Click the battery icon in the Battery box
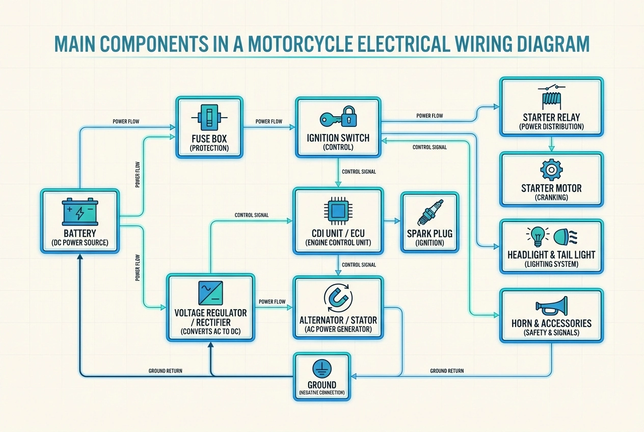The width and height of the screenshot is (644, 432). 80,212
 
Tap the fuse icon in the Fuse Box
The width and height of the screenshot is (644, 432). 209,118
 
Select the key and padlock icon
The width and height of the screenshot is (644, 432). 339,118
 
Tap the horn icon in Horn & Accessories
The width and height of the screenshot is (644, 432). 551,306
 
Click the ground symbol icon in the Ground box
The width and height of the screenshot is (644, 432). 322,368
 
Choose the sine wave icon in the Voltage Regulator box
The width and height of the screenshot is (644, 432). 210,293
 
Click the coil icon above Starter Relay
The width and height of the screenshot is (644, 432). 551,97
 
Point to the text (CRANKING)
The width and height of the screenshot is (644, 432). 551,198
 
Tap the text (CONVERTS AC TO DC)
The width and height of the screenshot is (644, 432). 210,331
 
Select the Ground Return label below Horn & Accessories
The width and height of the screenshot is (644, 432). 447,371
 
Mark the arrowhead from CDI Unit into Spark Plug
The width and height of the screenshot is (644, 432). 397,222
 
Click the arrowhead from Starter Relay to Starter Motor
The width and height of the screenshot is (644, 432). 551,149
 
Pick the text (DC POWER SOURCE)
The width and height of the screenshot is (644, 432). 80,242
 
